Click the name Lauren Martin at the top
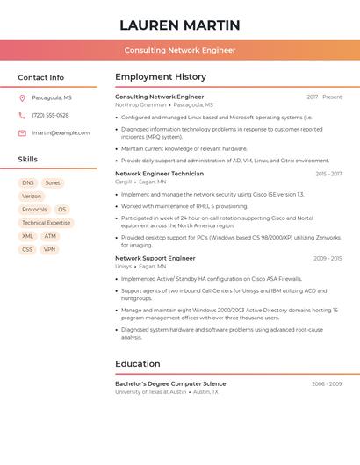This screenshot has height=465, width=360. point(179,25)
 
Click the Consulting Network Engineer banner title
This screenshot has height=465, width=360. point(179,50)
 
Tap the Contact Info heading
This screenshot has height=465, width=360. point(40,77)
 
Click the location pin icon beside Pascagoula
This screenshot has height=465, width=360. point(22,98)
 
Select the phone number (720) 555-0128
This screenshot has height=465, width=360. point(50,116)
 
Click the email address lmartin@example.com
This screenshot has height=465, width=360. point(61,133)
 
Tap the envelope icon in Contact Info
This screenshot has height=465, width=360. point(22,133)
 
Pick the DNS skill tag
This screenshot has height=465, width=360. point(28,183)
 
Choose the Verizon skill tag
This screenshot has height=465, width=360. point(32,197)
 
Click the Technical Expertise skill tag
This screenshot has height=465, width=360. point(46,223)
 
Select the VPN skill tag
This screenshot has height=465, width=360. point(49,249)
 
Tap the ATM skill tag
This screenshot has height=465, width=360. point(50,236)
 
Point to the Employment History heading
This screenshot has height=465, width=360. point(161,77)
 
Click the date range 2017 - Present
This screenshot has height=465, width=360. point(324,97)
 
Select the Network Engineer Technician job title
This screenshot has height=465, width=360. point(159,174)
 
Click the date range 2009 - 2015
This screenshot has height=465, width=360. point(328,258)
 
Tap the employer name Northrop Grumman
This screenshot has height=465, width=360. point(140,104)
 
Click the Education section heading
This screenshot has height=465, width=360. point(138,364)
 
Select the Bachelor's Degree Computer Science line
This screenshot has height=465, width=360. point(170,383)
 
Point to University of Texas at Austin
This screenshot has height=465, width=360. point(151,392)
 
